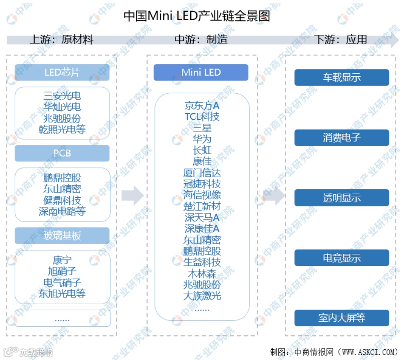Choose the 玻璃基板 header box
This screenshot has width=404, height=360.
pos(62,236)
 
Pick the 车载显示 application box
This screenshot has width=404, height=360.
pos(342,78)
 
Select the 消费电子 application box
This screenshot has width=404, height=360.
pos(342,138)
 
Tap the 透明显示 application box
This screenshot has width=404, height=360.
pos(342,198)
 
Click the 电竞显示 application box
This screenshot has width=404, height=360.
pos(342,258)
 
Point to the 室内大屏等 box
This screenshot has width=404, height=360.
pos(342,318)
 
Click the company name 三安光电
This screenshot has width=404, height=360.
pos(62,96)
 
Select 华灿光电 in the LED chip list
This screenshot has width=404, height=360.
pos(62,107)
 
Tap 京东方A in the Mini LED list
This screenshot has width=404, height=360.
pos(202,105)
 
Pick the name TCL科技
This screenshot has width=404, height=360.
pos(202,116)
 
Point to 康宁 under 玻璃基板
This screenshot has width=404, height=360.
pos(62,260)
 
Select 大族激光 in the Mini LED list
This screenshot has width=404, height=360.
pos(202,296)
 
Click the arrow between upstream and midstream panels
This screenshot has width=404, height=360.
pos(132,196)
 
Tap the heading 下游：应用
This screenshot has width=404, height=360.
pos(341,40)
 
